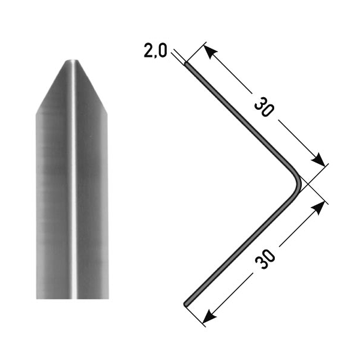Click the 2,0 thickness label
click(x=155, y=50)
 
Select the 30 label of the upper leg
click(x=264, y=107)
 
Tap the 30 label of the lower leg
click(x=265, y=259)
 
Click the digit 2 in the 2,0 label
click(x=148, y=50)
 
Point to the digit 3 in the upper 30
click(x=260, y=103)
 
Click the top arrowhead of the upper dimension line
click(x=210, y=52)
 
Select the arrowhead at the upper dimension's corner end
click(x=319, y=160)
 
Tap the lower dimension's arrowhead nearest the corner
click(x=319, y=208)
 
